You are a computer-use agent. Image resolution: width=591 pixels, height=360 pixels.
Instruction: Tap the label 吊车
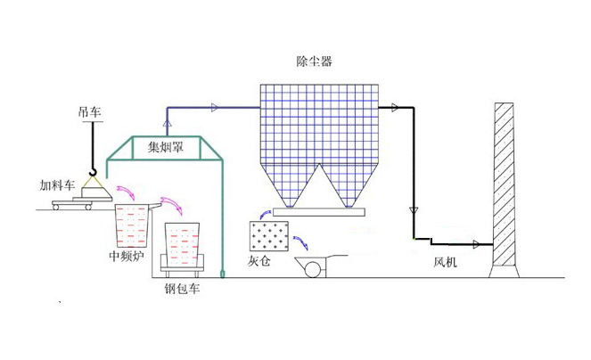coord(89,112)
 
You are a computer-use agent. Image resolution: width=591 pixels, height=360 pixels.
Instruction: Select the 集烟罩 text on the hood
coord(165,148)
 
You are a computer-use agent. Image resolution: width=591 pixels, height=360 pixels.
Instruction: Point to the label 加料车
coord(55,185)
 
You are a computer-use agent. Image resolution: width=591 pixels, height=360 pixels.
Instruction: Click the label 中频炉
coord(126,257)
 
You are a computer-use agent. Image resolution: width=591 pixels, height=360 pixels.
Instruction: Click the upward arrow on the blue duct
coord(167,119)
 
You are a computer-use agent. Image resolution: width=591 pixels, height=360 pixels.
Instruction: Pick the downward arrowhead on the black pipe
coord(413,210)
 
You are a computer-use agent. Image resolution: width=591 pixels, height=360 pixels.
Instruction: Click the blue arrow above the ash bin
coord(264,213)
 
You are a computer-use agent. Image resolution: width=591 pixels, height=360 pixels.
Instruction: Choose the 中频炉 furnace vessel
coord(133,226)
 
